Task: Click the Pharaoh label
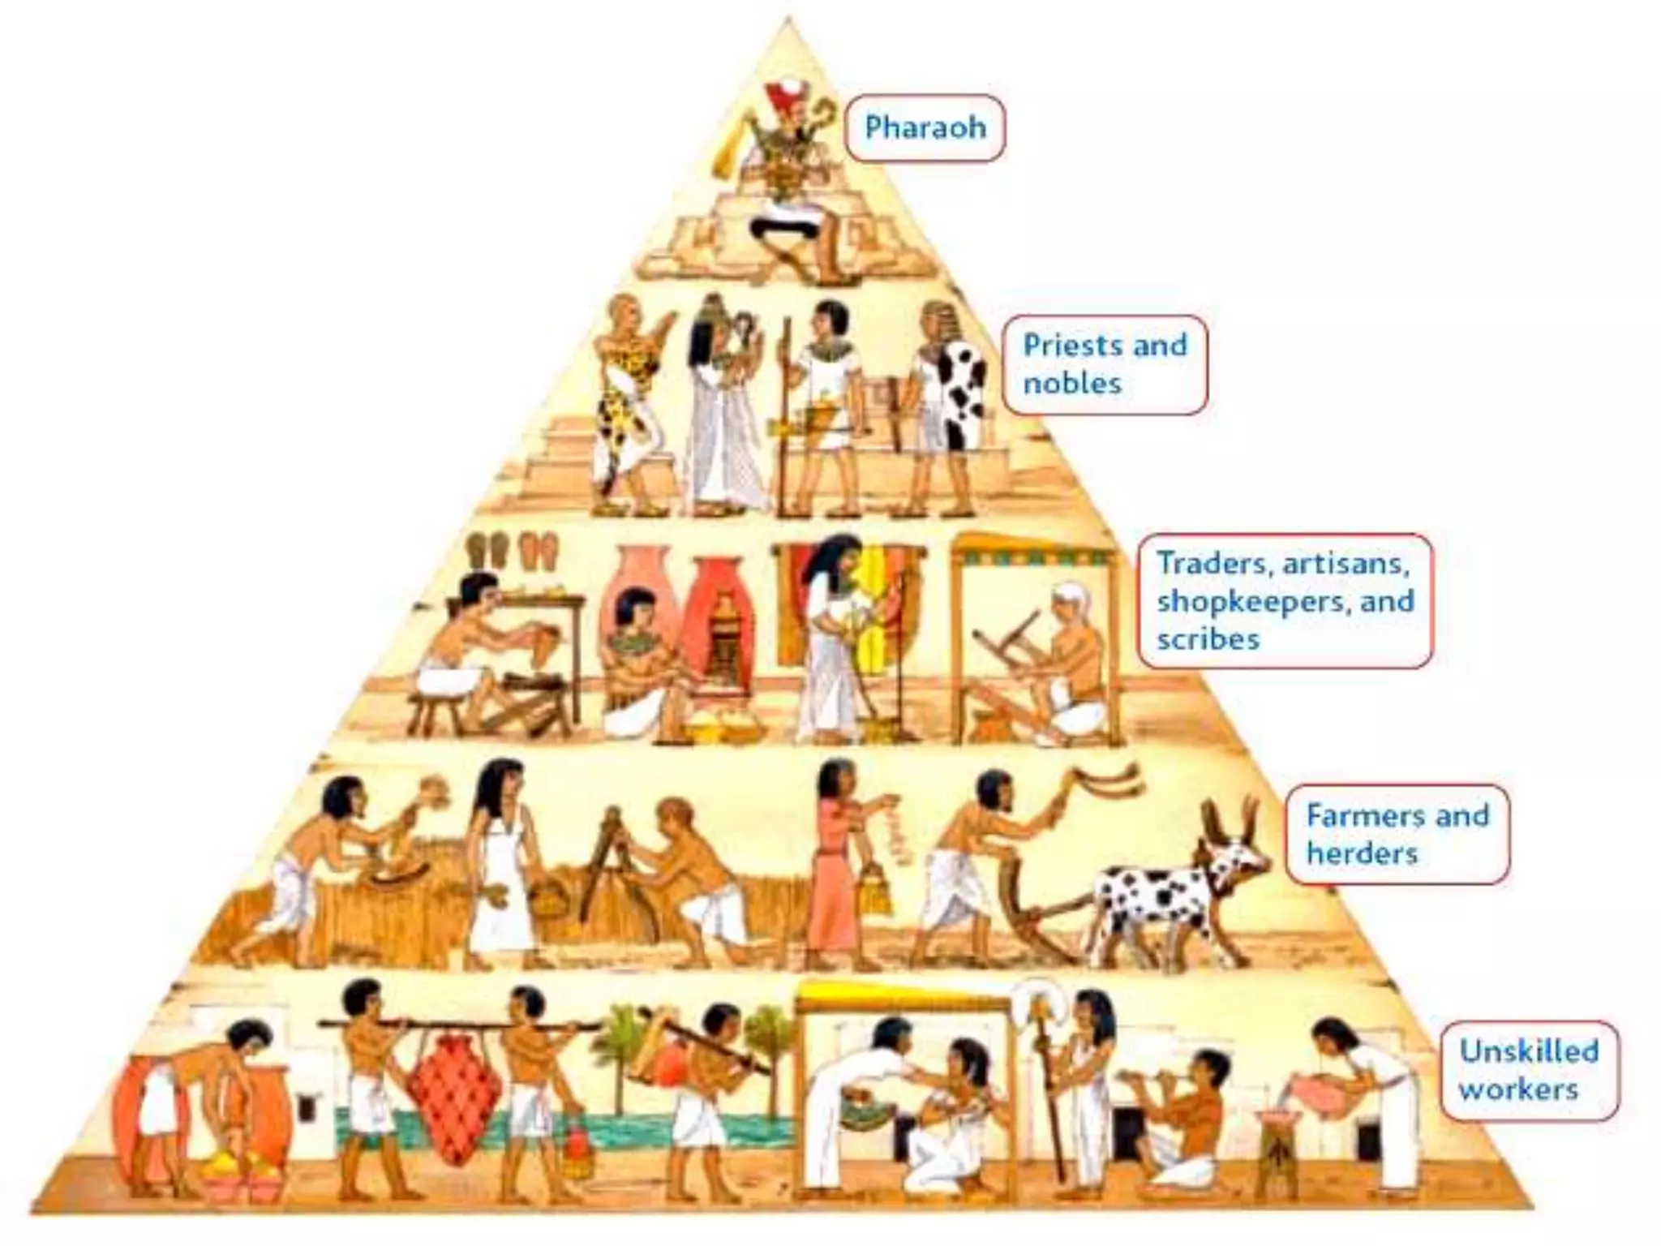click(925, 127)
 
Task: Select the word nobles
click(1072, 383)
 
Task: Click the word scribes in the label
click(1208, 639)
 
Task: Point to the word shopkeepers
click(1250, 601)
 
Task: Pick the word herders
click(1362, 853)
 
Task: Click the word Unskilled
click(1529, 1051)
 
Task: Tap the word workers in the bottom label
click(1518, 1089)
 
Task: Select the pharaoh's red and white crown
click(785, 101)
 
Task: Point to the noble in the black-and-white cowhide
click(949, 397)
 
